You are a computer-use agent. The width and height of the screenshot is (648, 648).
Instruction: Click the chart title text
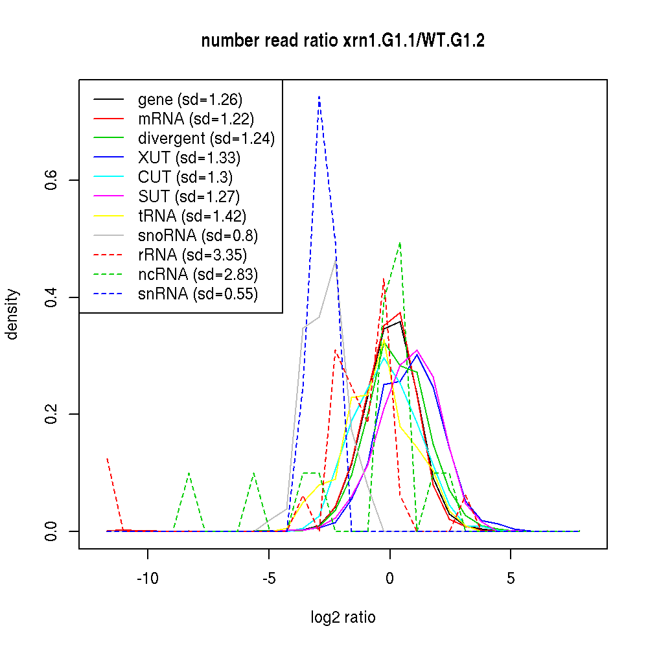point(343,41)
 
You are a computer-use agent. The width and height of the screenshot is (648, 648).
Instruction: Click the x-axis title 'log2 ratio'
point(343,617)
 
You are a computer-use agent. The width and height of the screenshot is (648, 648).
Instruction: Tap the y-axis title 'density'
point(12,314)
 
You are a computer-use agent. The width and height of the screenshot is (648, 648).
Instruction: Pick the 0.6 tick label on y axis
point(52,180)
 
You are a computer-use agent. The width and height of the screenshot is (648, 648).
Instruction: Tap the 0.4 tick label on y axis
point(52,297)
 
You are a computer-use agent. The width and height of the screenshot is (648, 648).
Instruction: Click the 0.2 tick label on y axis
point(52,414)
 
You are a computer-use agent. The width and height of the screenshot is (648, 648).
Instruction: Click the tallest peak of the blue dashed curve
point(319,97)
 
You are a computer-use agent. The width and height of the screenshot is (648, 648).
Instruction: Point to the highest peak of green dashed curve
point(400,243)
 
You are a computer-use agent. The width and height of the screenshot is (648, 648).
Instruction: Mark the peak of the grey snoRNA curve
point(335,259)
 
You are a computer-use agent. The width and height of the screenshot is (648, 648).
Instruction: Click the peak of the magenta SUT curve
point(417,350)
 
